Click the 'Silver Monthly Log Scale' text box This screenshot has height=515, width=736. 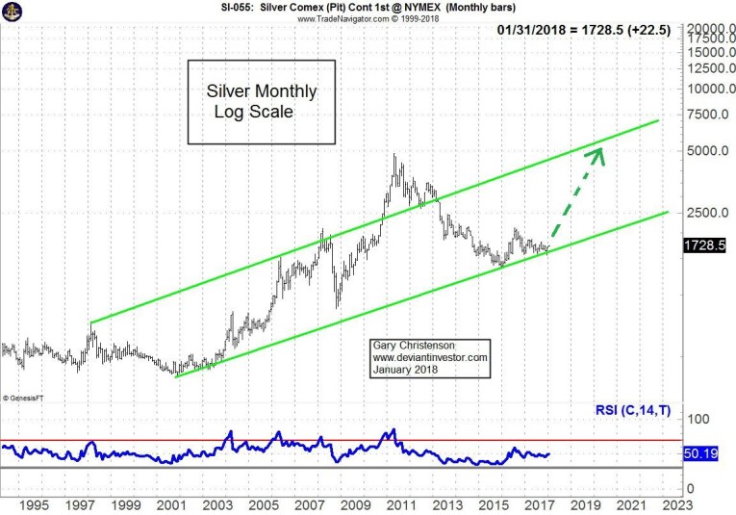tap(261, 102)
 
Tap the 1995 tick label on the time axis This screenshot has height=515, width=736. tap(33, 504)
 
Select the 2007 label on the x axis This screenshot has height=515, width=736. tap(309, 504)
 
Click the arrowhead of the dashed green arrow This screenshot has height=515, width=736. tap(598, 152)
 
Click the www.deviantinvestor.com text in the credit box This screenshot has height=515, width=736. tap(430, 358)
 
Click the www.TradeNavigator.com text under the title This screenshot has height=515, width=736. tap(353, 19)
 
